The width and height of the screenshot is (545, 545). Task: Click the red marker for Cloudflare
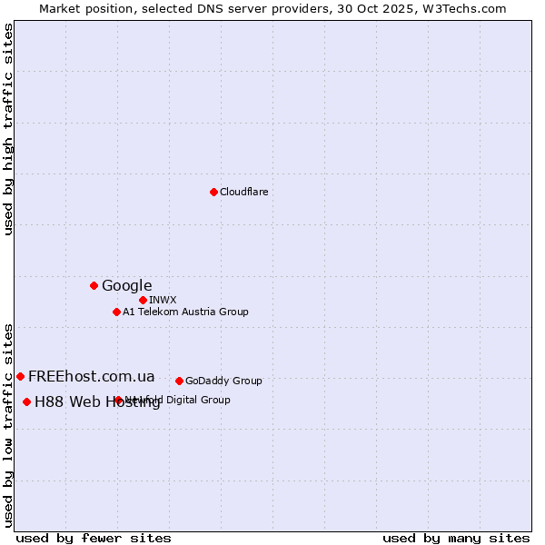click(x=213, y=192)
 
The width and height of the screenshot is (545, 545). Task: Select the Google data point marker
click(x=94, y=285)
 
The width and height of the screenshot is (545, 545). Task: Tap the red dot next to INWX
click(x=143, y=300)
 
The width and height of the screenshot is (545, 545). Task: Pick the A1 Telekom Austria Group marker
click(x=116, y=312)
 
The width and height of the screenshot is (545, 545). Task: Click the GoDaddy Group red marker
click(x=179, y=381)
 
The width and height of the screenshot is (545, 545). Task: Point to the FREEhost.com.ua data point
click(x=20, y=376)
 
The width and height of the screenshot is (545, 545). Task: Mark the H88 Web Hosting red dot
click(x=26, y=401)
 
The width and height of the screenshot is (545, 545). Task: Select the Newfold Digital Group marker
click(x=118, y=400)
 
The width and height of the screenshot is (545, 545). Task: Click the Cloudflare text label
click(x=243, y=192)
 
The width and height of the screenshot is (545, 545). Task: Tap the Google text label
click(x=126, y=285)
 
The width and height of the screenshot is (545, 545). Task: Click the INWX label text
click(x=163, y=300)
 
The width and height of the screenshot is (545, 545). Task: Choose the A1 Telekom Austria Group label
click(x=185, y=312)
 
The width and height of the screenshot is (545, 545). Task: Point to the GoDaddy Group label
click(x=223, y=381)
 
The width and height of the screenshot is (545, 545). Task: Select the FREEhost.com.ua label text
click(x=92, y=376)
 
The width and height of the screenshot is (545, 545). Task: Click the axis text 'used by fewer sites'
click(x=94, y=538)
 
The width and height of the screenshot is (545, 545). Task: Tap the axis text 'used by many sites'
click(x=456, y=538)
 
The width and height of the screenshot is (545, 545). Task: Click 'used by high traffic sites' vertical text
click(x=9, y=129)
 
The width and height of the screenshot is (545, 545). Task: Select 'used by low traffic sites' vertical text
click(x=9, y=424)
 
